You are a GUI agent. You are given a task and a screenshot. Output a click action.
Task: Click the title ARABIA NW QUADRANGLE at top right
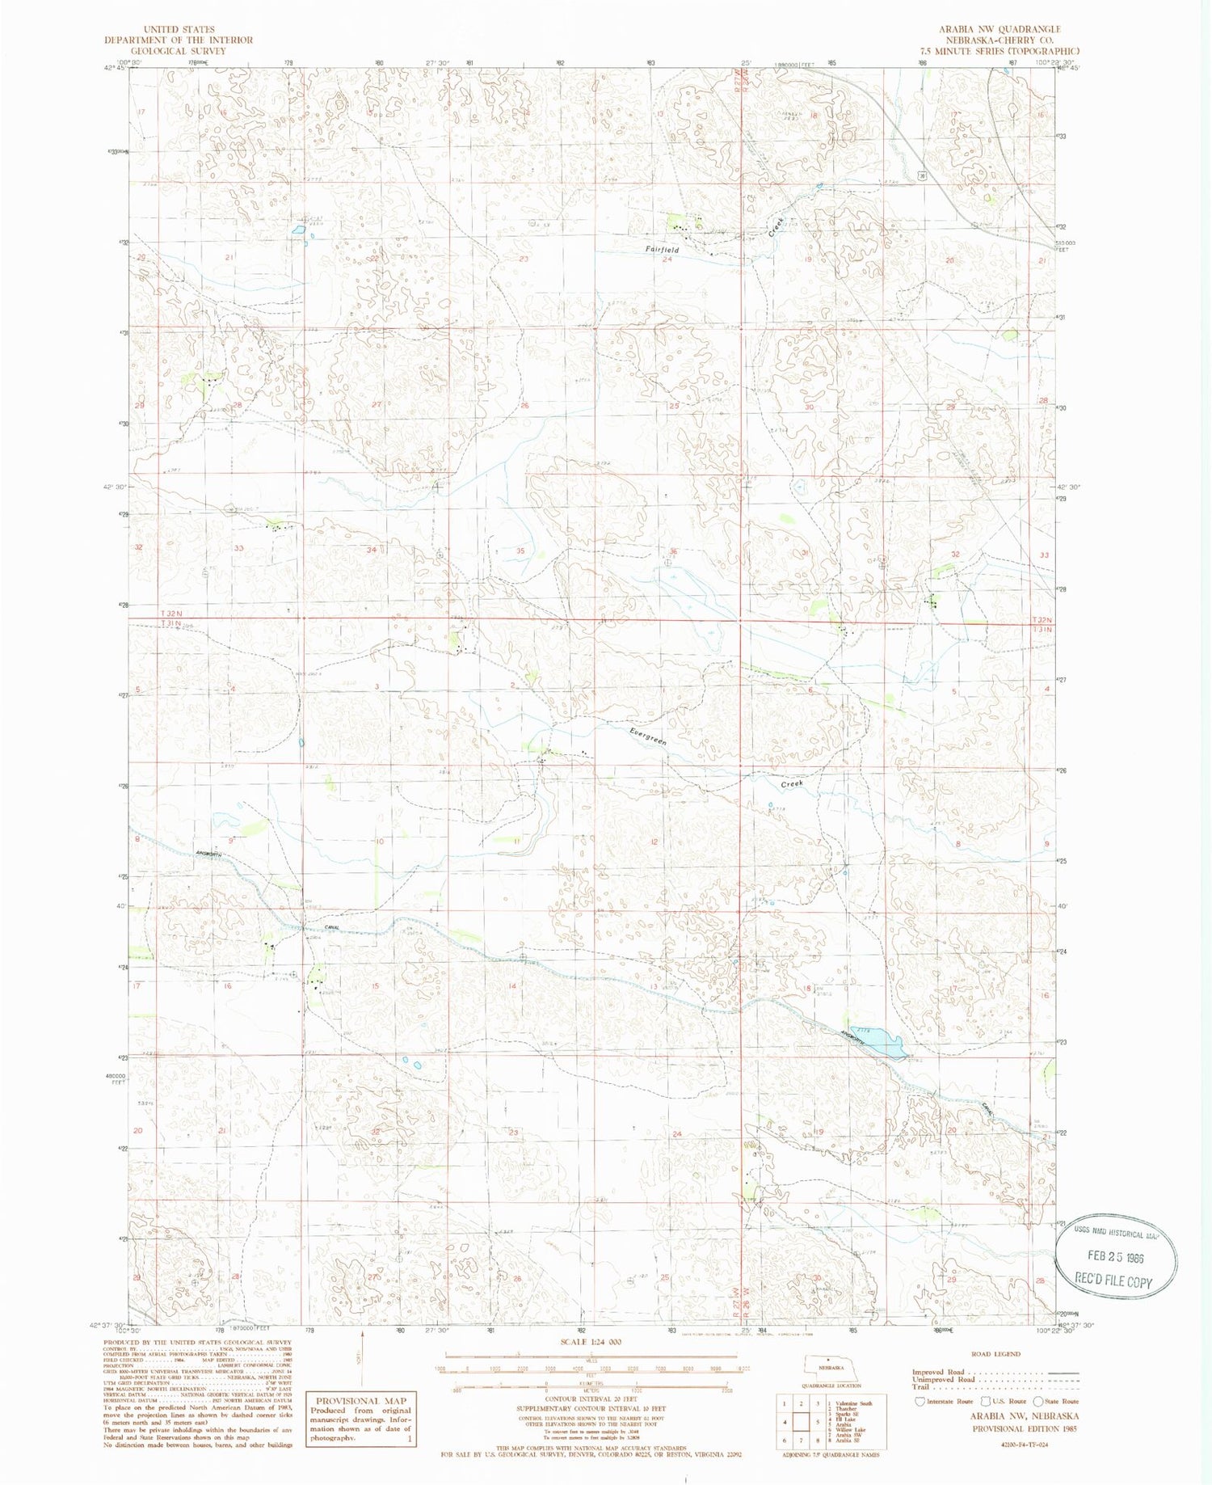click(x=999, y=29)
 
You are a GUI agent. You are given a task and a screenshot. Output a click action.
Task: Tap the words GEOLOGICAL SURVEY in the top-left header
click(x=179, y=50)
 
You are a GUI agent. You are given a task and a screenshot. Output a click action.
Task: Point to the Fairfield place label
click(x=662, y=250)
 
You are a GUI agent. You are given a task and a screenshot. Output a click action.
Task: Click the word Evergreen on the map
click(x=648, y=736)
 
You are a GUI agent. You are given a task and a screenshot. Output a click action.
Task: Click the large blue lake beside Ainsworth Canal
click(x=886, y=1042)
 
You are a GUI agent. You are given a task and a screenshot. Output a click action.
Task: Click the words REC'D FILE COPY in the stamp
click(x=1113, y=1280)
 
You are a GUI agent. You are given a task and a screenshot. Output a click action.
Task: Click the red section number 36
click(x=672, y=551)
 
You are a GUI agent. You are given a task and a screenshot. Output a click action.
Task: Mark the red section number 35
click(x=521, y=551)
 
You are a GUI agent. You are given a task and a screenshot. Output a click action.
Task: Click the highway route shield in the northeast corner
click(x=921, y=174)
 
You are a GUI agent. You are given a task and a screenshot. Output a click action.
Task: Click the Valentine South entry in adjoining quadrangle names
click(x=855, y=1403)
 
